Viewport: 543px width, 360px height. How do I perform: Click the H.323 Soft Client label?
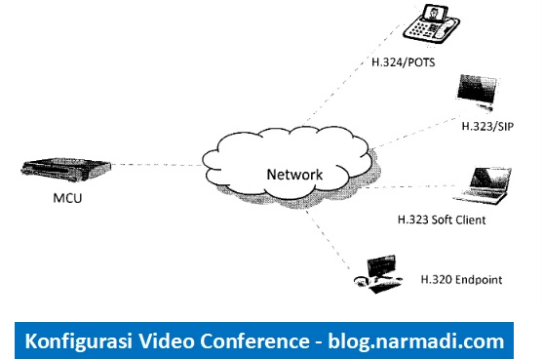[442, 220]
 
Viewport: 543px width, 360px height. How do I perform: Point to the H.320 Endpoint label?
[461, 280]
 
